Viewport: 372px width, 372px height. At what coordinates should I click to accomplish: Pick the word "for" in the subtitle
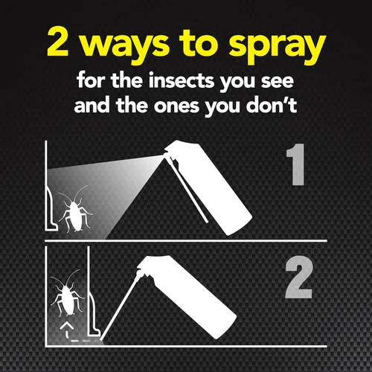(x=90, y=79)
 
